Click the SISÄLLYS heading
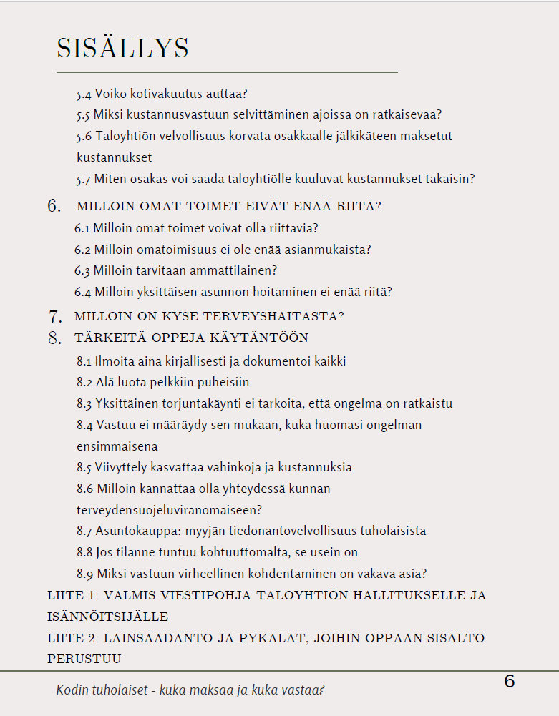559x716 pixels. pos(122,48)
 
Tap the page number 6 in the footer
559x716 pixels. pos(510,682)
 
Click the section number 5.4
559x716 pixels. pos(84,94)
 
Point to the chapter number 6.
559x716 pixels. pos(54,206)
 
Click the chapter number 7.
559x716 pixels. pos(54,315)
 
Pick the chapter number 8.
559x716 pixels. pos(54,338)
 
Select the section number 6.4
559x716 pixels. pos(82,292)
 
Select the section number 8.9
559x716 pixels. pos(84,574)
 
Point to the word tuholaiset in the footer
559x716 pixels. pos(125,690)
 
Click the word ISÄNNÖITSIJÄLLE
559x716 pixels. pos(107,616)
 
